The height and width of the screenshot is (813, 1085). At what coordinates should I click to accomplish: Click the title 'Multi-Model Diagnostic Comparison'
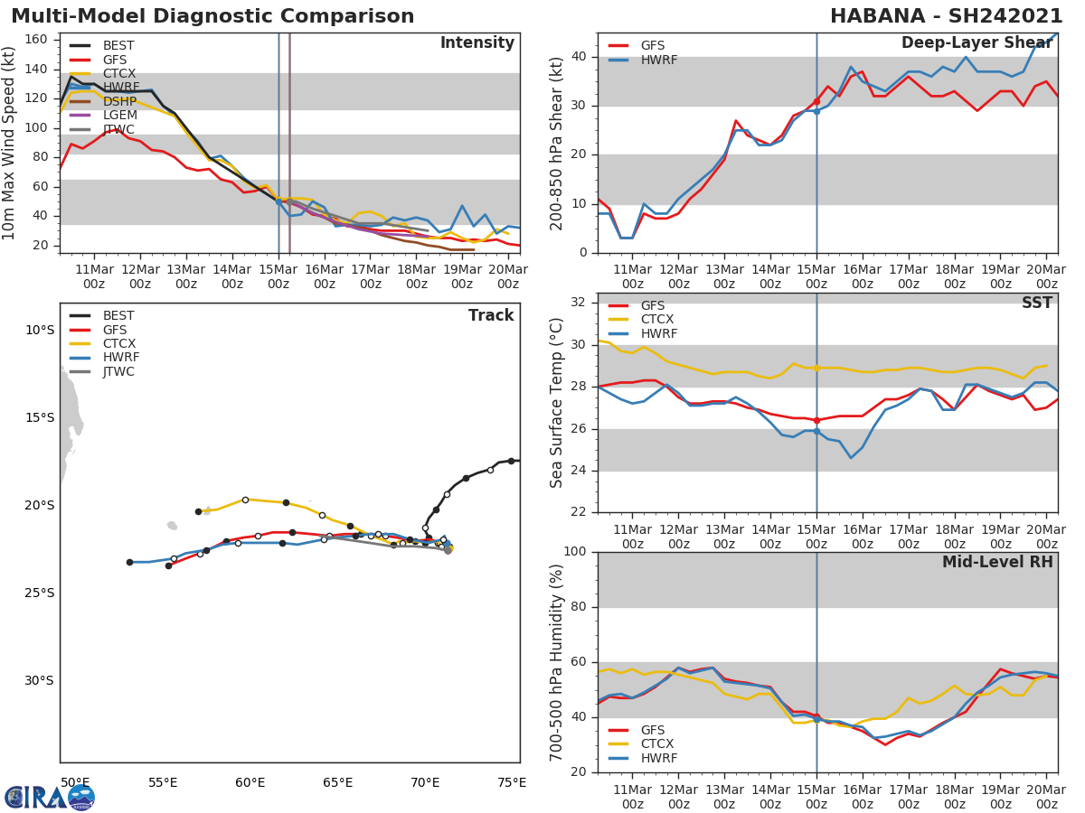pos(212,16)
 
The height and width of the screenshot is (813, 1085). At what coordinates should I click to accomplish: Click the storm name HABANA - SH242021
pos(946,16)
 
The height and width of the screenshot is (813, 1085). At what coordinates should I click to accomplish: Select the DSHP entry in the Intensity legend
pos(119,101)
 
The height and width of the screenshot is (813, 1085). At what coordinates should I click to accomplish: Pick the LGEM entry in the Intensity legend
pos(119,116)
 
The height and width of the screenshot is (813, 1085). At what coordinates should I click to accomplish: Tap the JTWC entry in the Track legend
pos(119,371)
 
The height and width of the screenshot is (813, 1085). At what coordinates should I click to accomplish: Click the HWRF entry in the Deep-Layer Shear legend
pos(657,60)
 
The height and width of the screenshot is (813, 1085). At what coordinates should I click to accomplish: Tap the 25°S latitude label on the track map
pos(39,593)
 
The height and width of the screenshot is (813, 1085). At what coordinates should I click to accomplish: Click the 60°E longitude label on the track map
pos(250,782)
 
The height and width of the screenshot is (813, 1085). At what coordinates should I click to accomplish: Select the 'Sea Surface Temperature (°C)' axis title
pos(557,403)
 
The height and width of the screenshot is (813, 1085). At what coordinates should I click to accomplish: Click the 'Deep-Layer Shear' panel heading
pos(976,44)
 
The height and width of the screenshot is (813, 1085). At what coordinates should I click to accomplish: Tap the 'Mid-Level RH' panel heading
pos(997,563)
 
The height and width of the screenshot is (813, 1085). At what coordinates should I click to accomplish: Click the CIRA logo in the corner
pos(50,797)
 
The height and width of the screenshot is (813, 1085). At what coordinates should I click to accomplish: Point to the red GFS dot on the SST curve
pos(816,420)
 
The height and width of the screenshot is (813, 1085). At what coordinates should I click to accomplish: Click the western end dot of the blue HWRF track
pos(129,562)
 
